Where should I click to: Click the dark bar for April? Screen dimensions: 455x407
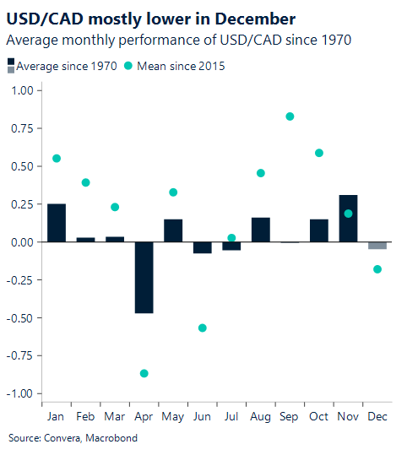144,278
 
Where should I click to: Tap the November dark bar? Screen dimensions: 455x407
348,219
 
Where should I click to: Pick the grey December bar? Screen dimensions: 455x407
377,246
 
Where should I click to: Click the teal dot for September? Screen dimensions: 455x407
290,116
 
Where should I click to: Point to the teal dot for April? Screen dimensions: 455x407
144,373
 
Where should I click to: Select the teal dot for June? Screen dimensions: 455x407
203,328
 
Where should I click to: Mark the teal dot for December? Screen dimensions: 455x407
377,269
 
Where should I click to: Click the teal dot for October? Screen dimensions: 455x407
319,153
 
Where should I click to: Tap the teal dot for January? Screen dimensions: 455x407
57,159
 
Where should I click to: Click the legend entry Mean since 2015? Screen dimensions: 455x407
182,66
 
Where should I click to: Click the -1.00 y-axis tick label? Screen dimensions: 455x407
21,394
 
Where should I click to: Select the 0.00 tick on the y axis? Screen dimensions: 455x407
24,242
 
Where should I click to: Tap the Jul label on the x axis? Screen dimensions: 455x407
231,417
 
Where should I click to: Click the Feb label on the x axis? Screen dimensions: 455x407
85,417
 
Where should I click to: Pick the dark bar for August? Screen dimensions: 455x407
261,230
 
